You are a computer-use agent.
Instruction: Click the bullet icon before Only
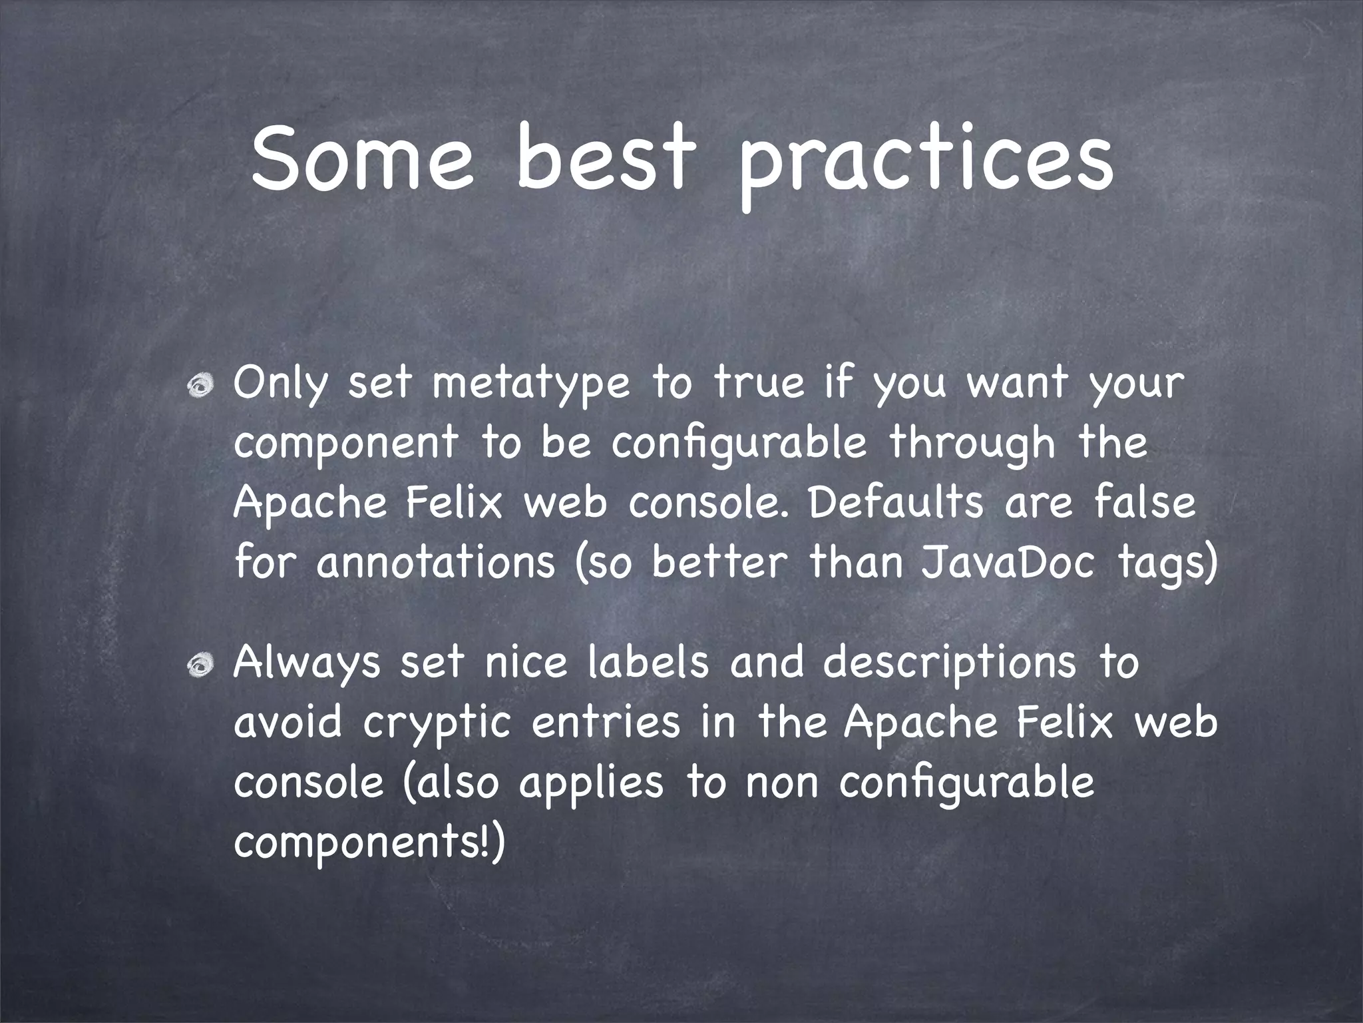[x=200, y=386]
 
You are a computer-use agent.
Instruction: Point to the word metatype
[x=530, y=386]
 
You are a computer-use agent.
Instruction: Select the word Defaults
[x=895, y=503]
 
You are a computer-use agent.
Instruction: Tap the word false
[x=1144, y=503]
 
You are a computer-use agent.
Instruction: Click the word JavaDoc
[x=1008, y=563]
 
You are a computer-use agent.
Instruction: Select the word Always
[x=307, y=664]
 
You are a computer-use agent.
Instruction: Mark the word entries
[x=606, y=723]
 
